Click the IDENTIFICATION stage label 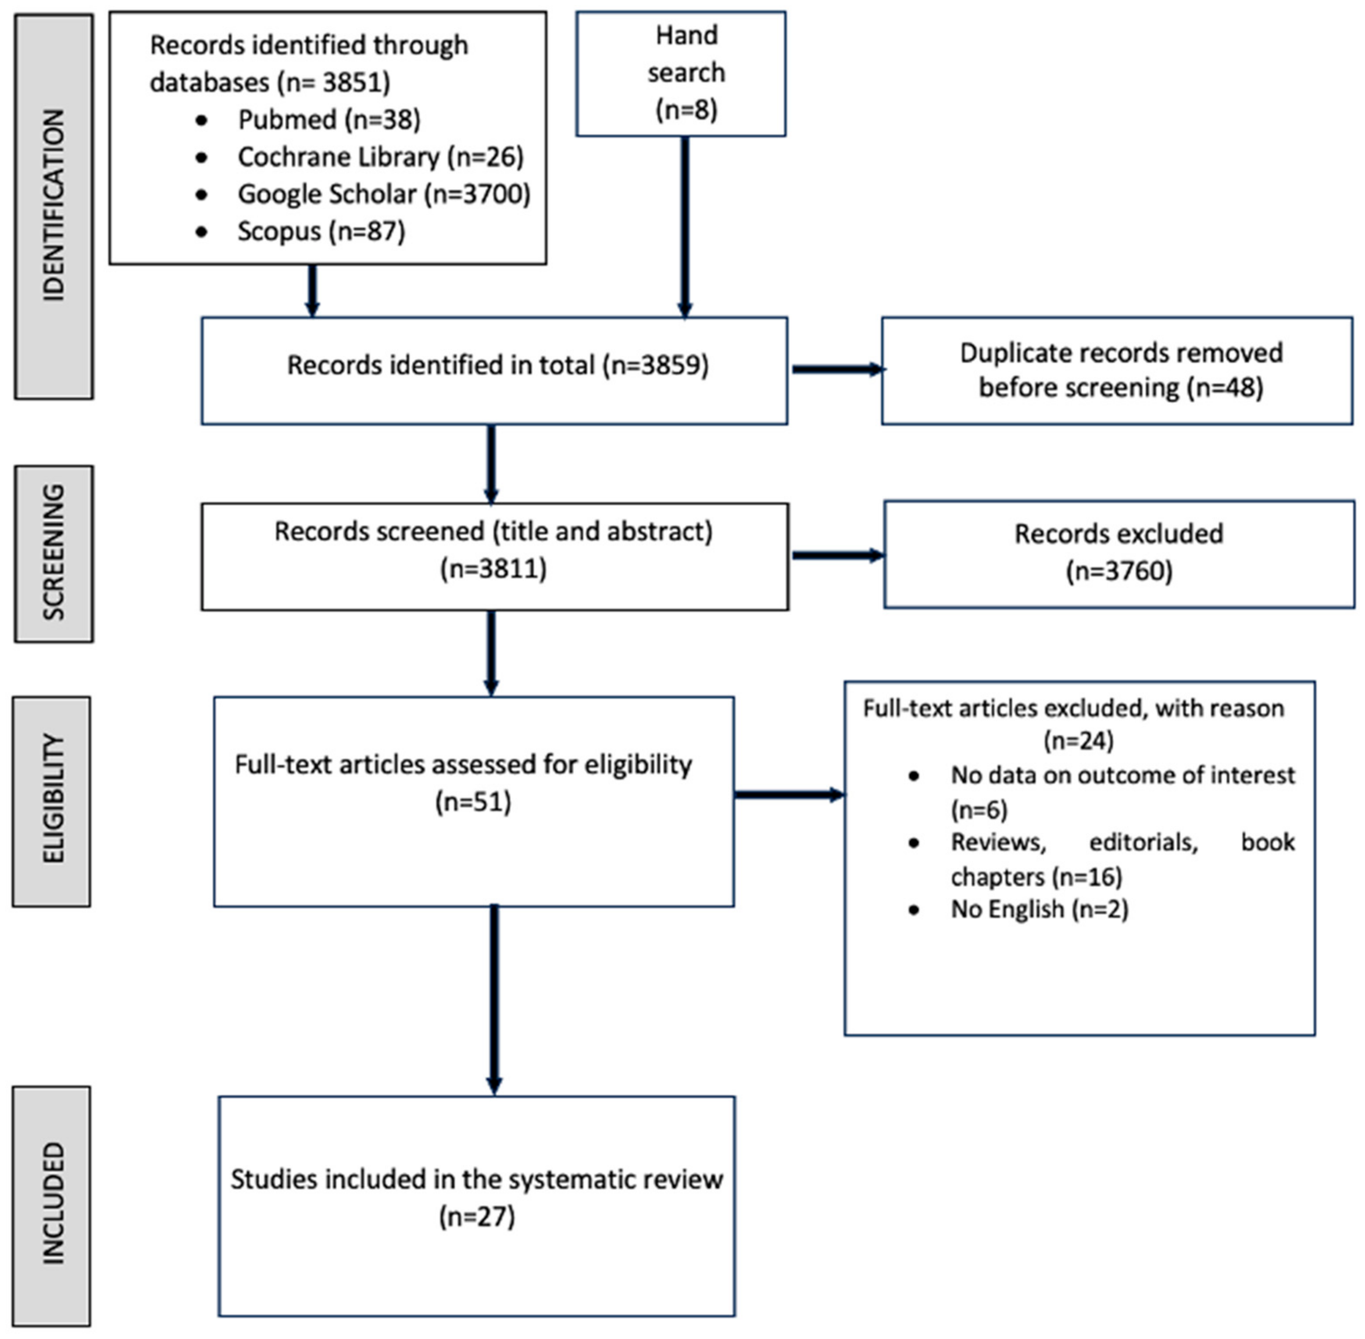(54, 206)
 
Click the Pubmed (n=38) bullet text (329, 119)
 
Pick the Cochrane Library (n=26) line (380, 157)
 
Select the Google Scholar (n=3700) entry (383, 194)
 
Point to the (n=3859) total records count (655, 366)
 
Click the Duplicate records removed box (1117, 371)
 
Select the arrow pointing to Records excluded (837, 555)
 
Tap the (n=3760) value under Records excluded (1119, 571)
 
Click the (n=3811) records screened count (493, 568)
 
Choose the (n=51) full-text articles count (473, 802)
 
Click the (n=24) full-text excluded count (1078, 741)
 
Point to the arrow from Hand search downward (684, 225)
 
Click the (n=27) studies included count (477, 1216)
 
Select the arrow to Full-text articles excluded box (788, 795)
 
